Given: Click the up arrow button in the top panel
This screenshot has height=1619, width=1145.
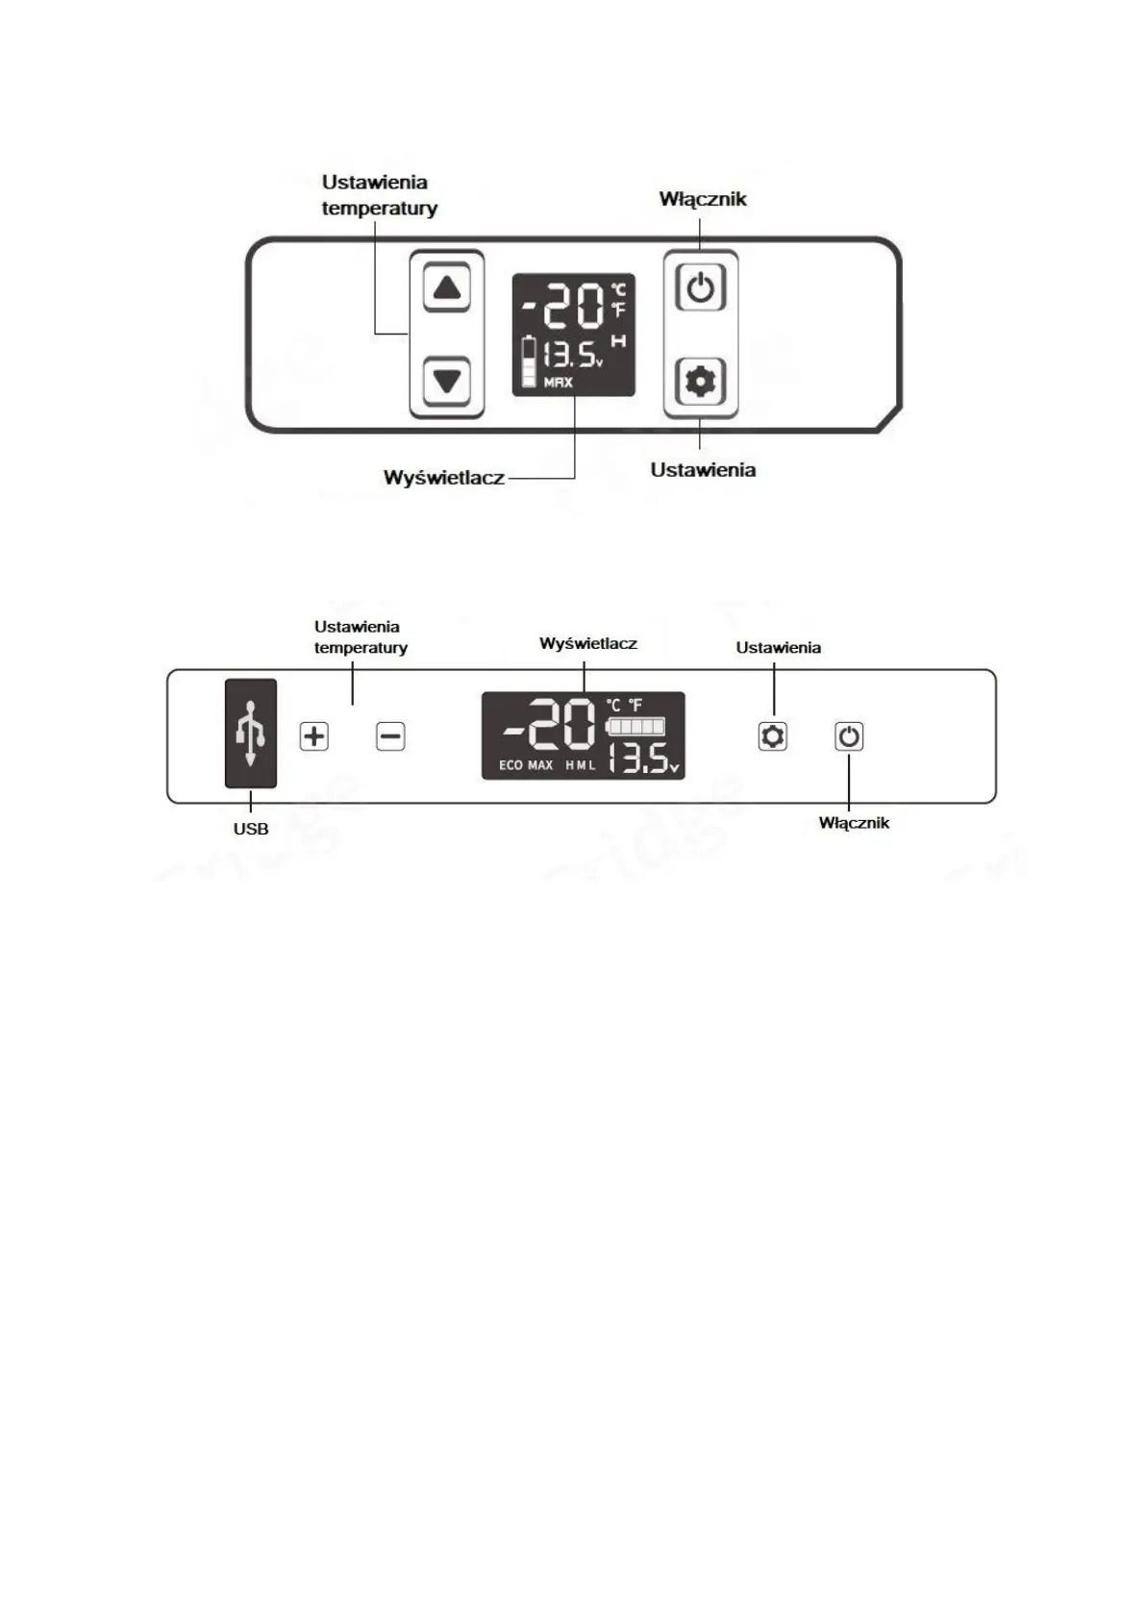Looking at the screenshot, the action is click(447, 287).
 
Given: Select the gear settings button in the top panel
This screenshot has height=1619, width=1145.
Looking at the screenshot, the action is click(700, 382).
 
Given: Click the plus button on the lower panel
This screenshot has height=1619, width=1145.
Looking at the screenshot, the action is click(314, 736).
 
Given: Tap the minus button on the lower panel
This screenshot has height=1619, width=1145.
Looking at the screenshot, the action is click(390, 736).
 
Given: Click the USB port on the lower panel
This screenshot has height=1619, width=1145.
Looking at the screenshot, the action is click(251, 734).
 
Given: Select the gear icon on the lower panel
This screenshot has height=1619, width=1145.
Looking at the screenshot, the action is click(773, 736).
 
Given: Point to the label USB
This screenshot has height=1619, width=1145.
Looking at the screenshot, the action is click(251, 829).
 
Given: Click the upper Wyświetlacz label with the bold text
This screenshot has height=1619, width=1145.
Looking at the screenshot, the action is click(443, 478).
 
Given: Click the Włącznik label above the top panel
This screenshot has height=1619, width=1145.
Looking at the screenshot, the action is click(703, 199).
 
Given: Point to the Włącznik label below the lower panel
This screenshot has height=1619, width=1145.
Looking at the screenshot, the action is click(854, 823).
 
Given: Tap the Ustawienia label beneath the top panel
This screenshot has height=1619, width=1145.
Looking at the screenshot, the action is click(703, 470).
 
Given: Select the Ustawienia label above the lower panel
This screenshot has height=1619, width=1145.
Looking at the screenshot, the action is click(778, 648).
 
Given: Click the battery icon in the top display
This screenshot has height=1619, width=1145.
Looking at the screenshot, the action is click(529, 362).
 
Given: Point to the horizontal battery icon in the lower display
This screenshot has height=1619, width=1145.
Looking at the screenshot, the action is click(636, 725).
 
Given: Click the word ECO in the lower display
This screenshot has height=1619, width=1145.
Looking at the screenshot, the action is click(510, 765).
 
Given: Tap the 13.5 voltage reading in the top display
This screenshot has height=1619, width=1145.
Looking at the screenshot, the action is click(572, 356).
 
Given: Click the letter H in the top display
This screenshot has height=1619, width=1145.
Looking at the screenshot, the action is click(618, 341).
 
